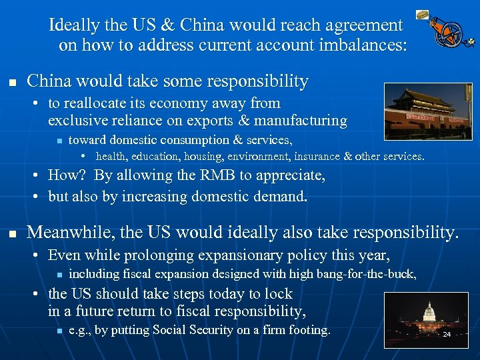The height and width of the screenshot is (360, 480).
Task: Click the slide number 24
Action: pyautogui.click(x=447, y=334)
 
